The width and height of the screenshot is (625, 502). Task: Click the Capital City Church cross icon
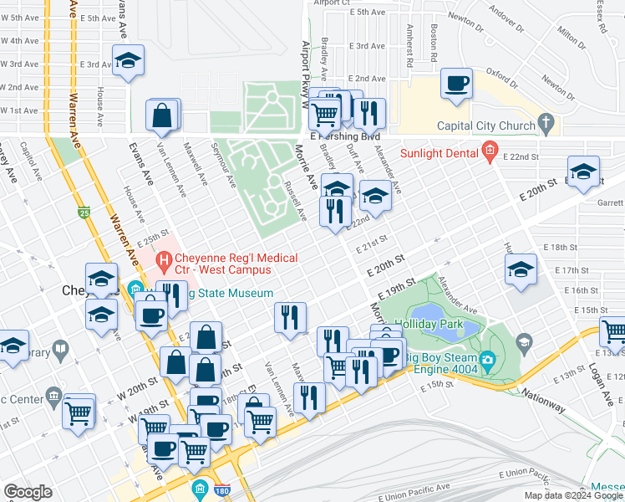[x=546, y=126]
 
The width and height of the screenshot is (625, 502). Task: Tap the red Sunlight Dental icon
[x=490, y=153]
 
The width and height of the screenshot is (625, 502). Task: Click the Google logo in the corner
[x=28, y=492]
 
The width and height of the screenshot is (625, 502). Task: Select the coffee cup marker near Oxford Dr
[x=455, y=84]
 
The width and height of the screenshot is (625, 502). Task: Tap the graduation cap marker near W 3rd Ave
[x=128, y=61]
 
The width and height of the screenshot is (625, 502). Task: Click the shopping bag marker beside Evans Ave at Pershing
[x=163, y=115]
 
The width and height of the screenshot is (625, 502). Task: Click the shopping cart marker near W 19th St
[x=79, y=411]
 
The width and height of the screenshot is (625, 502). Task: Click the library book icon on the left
[x=59, y=348]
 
